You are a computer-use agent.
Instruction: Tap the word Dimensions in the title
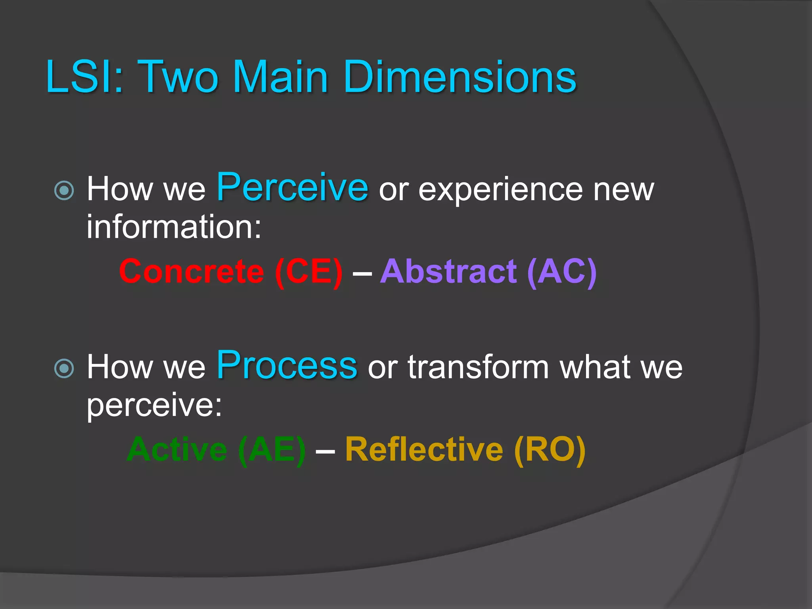[x=460, y=77]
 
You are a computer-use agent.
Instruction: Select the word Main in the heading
[x=280, y=77]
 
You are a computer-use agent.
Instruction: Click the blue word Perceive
[x=292, y=188]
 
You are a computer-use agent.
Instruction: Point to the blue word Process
[x=287, y=365]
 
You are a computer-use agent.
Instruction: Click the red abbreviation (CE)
[x=308, y=272]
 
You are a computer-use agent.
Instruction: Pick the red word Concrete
[x=192, y=272]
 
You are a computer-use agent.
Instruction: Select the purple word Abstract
[x=448, y=272]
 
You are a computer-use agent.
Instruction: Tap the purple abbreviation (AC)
[x=562, y=272]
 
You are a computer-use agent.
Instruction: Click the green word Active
[x=177, y=450]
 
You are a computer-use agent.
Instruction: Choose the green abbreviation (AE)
[x=272, y=450]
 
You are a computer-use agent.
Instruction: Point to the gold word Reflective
[x=424, y=450]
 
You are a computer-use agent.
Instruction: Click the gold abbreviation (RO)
[x=550, y=450]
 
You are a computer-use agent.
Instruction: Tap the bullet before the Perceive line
[x=64, y=190]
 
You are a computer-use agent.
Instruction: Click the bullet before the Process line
[x=64, y=368]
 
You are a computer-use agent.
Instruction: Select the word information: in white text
[x=174, y=227]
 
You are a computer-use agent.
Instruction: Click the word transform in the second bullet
[x=479, y=367]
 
